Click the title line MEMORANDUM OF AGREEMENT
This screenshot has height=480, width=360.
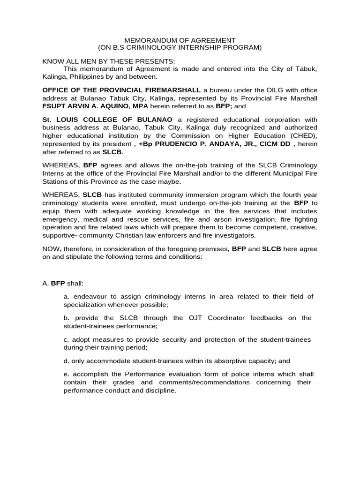click(x=180, y=40)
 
